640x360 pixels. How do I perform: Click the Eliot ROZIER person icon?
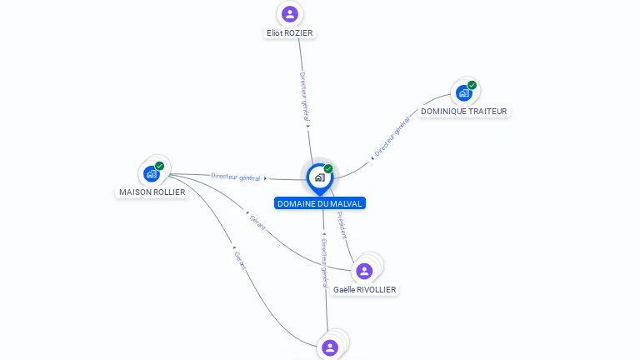tap(290, 14)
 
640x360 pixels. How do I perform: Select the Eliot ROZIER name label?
tap(290, 33)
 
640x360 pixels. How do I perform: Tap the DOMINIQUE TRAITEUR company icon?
tap(463, 93)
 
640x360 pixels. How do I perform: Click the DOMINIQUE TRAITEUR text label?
tap(463, 112)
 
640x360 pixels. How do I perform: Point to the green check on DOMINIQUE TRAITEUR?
tap(472, 85)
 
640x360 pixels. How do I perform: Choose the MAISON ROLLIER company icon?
tap(151, 174)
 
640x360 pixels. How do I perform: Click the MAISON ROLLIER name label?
tap(152, 192)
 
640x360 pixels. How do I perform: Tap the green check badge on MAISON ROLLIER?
tap(159, 166)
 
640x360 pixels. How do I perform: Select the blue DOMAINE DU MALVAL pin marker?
tap(319, 177)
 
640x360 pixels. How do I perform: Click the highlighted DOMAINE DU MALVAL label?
tap(320, 203)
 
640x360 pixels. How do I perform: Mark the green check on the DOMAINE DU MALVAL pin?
tap(328, 169)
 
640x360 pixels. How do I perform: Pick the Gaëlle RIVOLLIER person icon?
tap(364, 271)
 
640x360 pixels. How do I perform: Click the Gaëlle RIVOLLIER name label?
tap(365, 290)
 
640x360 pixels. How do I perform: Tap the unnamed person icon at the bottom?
tap(330, 347)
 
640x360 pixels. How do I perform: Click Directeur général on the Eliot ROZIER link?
tap(304, 97)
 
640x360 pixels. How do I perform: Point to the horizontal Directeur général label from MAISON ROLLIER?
tap(236, 177)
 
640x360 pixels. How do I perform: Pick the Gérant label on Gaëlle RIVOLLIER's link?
tap(257, 222)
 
